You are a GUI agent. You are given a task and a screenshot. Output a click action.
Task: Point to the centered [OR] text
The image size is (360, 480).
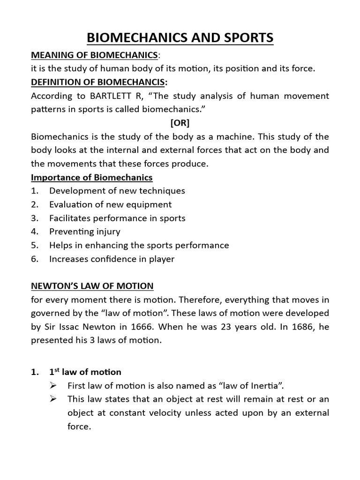pyautogui.click(x=180, y=123)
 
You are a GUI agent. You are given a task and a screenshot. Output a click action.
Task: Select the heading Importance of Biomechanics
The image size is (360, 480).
pyautogui.click(x=91, y=178)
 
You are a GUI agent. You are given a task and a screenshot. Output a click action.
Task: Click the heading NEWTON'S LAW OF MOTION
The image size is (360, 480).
pyautogui.click(x=92, y=286)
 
